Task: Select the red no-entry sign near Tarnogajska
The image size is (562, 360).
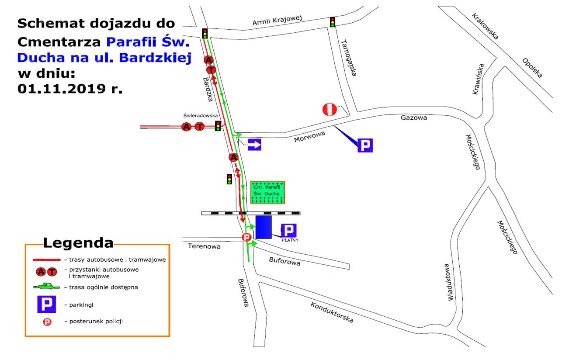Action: coord(331,109)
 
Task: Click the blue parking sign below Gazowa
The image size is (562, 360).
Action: coord(365,145)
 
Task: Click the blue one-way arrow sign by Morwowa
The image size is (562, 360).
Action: coord(254,145)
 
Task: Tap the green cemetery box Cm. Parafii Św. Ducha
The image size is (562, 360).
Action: coord(268,193)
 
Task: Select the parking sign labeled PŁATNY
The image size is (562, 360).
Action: coord(289,230)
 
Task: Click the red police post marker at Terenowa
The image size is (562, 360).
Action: coord(246,238)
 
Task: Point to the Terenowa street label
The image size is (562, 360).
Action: coord(204,246)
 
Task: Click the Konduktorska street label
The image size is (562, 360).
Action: coord(332,312)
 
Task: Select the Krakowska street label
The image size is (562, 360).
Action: coord(485,26)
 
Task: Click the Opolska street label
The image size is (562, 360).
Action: coord(532,68)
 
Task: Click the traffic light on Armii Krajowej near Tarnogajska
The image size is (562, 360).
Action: coord(333,22)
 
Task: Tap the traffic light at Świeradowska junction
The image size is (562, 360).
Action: coord(218,126)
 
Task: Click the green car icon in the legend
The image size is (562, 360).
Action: coord(46,287)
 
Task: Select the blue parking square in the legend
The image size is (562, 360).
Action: coord(46,304)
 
